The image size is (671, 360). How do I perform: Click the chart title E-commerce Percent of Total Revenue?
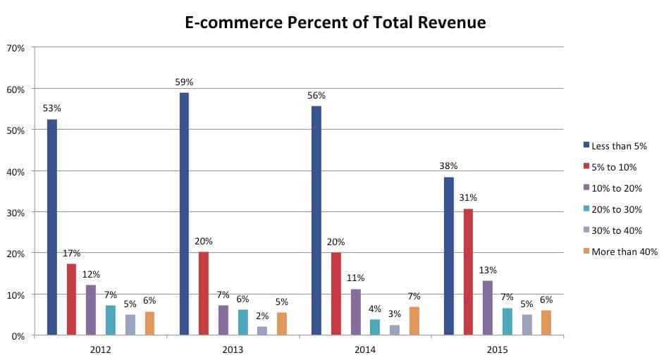pos(335,23)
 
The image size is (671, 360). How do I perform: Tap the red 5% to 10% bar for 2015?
pos(468,272)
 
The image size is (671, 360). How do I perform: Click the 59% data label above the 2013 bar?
pos(185,82)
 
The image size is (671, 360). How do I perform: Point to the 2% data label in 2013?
pos(262,316)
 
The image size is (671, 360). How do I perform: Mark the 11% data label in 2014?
pos(356,279)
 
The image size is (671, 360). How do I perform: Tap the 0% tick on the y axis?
pos(18,335)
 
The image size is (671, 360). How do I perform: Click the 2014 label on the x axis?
pos(366,349)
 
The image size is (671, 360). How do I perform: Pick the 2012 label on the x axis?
pos(101,349)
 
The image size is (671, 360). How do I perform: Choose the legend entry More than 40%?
pos(622,252)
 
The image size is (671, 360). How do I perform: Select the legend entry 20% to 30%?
pos(615,209)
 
